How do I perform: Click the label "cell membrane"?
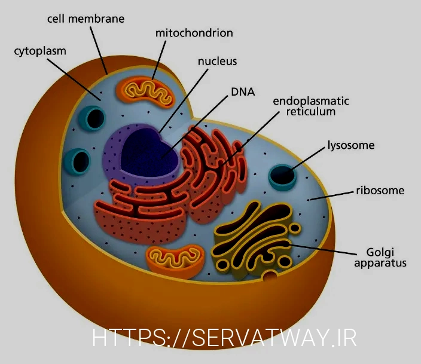(x=86, y=19)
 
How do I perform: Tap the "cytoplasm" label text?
(x=40, y=51)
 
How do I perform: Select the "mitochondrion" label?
(x=194, y=32)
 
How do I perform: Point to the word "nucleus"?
(x=217, y=61)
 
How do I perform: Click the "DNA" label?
(x=243, y=92)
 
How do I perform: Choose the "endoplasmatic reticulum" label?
(x=311, y=106)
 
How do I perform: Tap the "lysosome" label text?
(x=350, y=145)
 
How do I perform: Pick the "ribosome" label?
(x=380, y=191)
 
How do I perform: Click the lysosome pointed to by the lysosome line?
(x=283, y=175)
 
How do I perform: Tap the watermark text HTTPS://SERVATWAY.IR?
(x=224, y=338)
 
